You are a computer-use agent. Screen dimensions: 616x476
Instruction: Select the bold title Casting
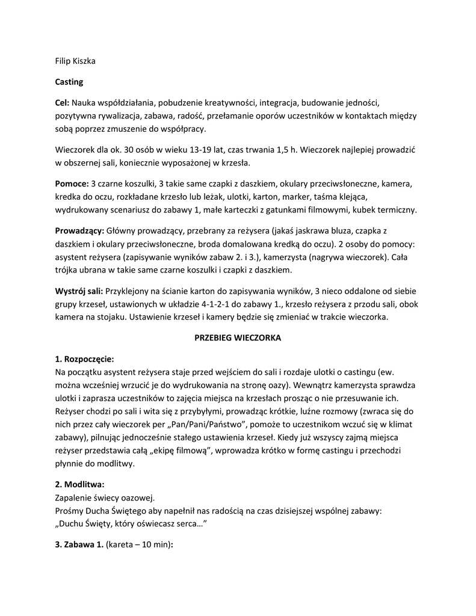point(69,81)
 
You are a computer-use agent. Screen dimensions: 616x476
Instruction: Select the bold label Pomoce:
point(72,183)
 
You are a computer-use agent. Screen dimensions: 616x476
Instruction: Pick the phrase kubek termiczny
point(385,210)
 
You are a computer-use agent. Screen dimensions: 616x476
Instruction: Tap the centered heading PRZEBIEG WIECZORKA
point(238,338)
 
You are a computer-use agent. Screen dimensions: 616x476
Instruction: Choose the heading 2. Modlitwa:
point(79,484)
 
